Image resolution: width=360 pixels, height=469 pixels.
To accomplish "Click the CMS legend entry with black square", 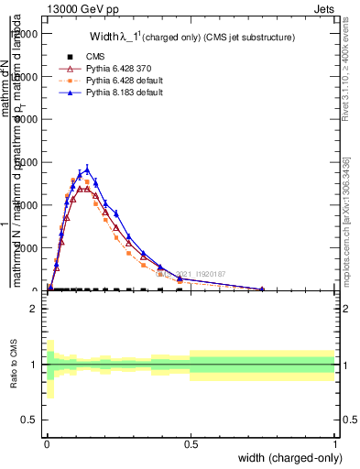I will pyautogui.click(x=93, y=57).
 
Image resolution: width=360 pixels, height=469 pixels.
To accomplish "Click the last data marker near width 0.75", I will pyautogui.click(x=262, y=289).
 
